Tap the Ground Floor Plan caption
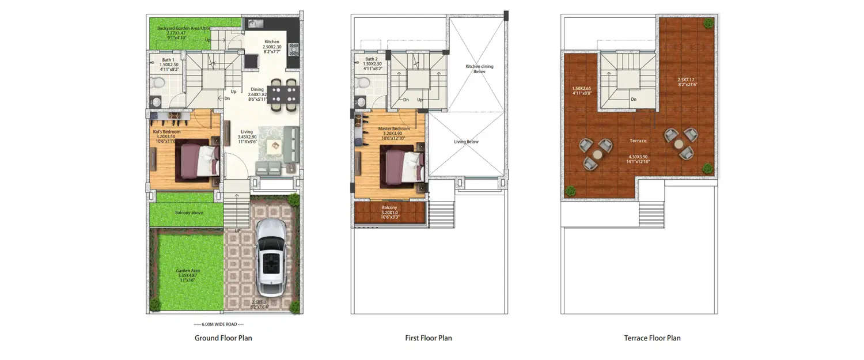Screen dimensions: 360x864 coord(223,338)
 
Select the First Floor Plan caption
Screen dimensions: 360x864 coord(429,338)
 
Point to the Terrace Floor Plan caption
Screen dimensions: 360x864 coord(652,338)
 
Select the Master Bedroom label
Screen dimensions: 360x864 coord(393,128)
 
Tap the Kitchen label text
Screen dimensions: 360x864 coord(272,42)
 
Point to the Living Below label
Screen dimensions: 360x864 coord(466,142)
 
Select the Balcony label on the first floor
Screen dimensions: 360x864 coord(389,207)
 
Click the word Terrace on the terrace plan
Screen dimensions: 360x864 coord(638,141)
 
